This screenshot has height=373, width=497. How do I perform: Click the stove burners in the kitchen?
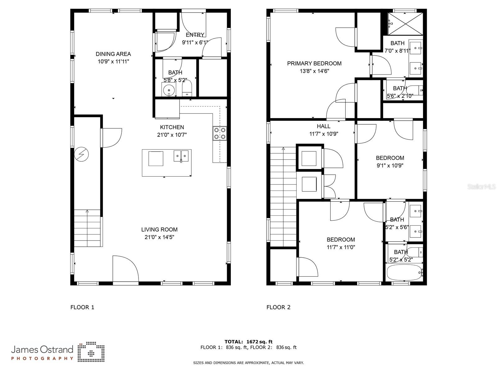tap(220, 133)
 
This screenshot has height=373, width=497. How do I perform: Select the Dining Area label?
tap(113, 54)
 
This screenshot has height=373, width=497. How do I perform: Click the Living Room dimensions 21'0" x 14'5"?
tap(159, 237)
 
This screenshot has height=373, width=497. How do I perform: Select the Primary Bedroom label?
tap(314, 63)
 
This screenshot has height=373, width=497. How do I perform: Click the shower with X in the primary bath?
tap(406, 24)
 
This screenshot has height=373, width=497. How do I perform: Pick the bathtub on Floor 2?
tap(404, 273)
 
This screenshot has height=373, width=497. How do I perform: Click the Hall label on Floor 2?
tap(323, 126)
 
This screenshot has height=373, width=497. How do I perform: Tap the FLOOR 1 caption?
tap(82, 307)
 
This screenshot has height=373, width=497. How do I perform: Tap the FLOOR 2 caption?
tap(278, 307)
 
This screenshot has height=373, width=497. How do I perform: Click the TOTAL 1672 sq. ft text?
tap(248, 342)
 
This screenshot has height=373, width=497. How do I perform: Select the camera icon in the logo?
tap(91, 352)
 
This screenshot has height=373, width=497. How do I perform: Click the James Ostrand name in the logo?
tap(42, 350)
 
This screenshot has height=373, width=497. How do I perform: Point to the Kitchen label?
tap(172, 127)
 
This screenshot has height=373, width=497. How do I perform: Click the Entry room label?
tap(195, 35)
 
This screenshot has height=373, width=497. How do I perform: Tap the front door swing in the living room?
tap(125, 269)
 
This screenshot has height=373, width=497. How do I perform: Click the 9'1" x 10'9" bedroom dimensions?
tap(390, 166)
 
